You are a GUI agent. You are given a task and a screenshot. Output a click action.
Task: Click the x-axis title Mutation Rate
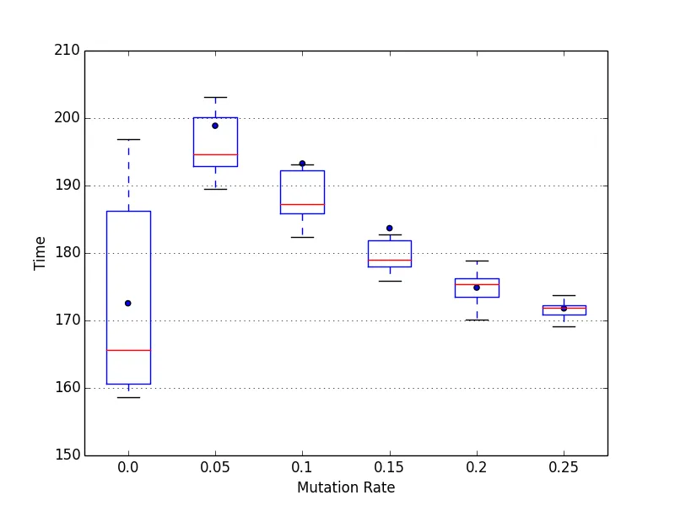pos(346,487)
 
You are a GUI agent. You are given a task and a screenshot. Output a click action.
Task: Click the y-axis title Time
pos(40,253)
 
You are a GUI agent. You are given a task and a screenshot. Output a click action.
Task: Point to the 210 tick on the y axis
pos(70,51)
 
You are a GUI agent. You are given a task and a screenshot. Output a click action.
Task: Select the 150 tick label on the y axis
pos(70,455)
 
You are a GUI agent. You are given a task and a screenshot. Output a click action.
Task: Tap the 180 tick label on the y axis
pos(70,253)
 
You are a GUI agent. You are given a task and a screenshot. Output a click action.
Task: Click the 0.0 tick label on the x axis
pos(128,466)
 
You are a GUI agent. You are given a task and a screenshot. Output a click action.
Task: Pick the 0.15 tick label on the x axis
pos(390,466)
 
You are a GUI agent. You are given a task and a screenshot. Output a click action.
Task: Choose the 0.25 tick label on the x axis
pos(564,466)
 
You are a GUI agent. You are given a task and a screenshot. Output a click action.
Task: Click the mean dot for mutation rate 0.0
pos(128,303)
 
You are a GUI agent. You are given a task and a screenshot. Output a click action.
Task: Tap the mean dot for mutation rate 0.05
pos(215,126)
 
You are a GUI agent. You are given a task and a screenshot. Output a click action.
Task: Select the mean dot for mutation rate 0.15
pos(390,228)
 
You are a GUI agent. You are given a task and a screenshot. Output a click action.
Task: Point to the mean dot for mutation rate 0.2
pos(477,288)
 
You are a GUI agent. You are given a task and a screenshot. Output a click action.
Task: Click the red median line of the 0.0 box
pos(128,350)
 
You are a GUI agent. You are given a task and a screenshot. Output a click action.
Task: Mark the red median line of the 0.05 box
pos(215,154)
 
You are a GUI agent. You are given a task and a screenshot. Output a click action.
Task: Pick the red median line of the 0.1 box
pos(302,204)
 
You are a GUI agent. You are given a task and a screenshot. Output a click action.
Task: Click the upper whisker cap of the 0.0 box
pos(128,139)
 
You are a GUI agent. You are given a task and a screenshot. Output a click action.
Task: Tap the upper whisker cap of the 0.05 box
pos(215,97)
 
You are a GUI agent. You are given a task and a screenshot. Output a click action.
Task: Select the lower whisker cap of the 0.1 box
pos(302,237)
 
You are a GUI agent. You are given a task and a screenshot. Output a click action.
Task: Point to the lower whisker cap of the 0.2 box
pos(477,320)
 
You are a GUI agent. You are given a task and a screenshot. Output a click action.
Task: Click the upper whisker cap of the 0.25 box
pos(564,295)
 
